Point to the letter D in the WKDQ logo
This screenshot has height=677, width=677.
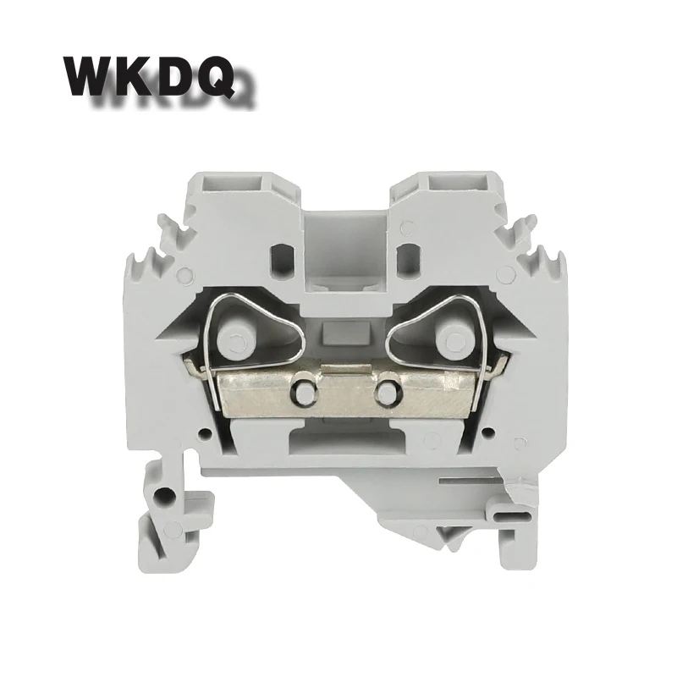173,76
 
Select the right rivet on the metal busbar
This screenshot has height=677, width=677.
387,391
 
